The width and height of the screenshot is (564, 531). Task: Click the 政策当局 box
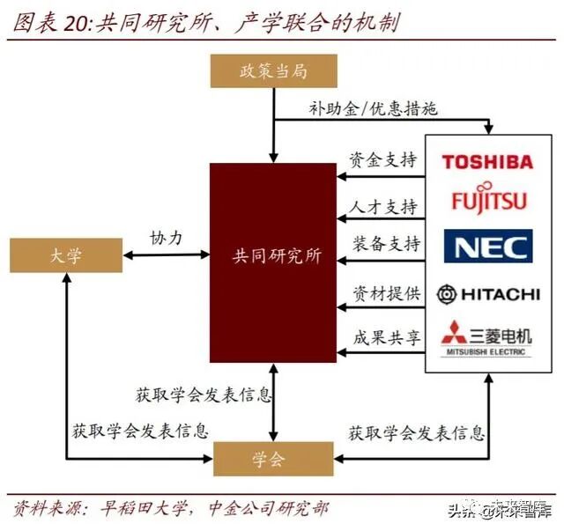(x=274, y=71)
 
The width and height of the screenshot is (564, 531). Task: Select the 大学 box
(x=65, y=256)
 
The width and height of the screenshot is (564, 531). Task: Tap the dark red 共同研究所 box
(x=273, y=256)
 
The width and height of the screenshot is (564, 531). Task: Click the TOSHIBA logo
(x=487, y=161)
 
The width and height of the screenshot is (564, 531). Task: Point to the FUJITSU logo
(x=488, y=200)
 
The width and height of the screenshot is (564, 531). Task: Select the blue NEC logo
(x=487, y=246)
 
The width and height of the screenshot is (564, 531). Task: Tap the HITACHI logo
(x=487, y=293)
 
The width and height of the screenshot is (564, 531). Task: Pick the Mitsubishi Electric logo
(x=487, y=338)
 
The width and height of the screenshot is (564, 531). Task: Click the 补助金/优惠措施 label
(x=373, y=108)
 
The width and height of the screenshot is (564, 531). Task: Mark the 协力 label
(x=166, y=238)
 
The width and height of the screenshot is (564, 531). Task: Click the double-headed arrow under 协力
(x=166, y=256)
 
